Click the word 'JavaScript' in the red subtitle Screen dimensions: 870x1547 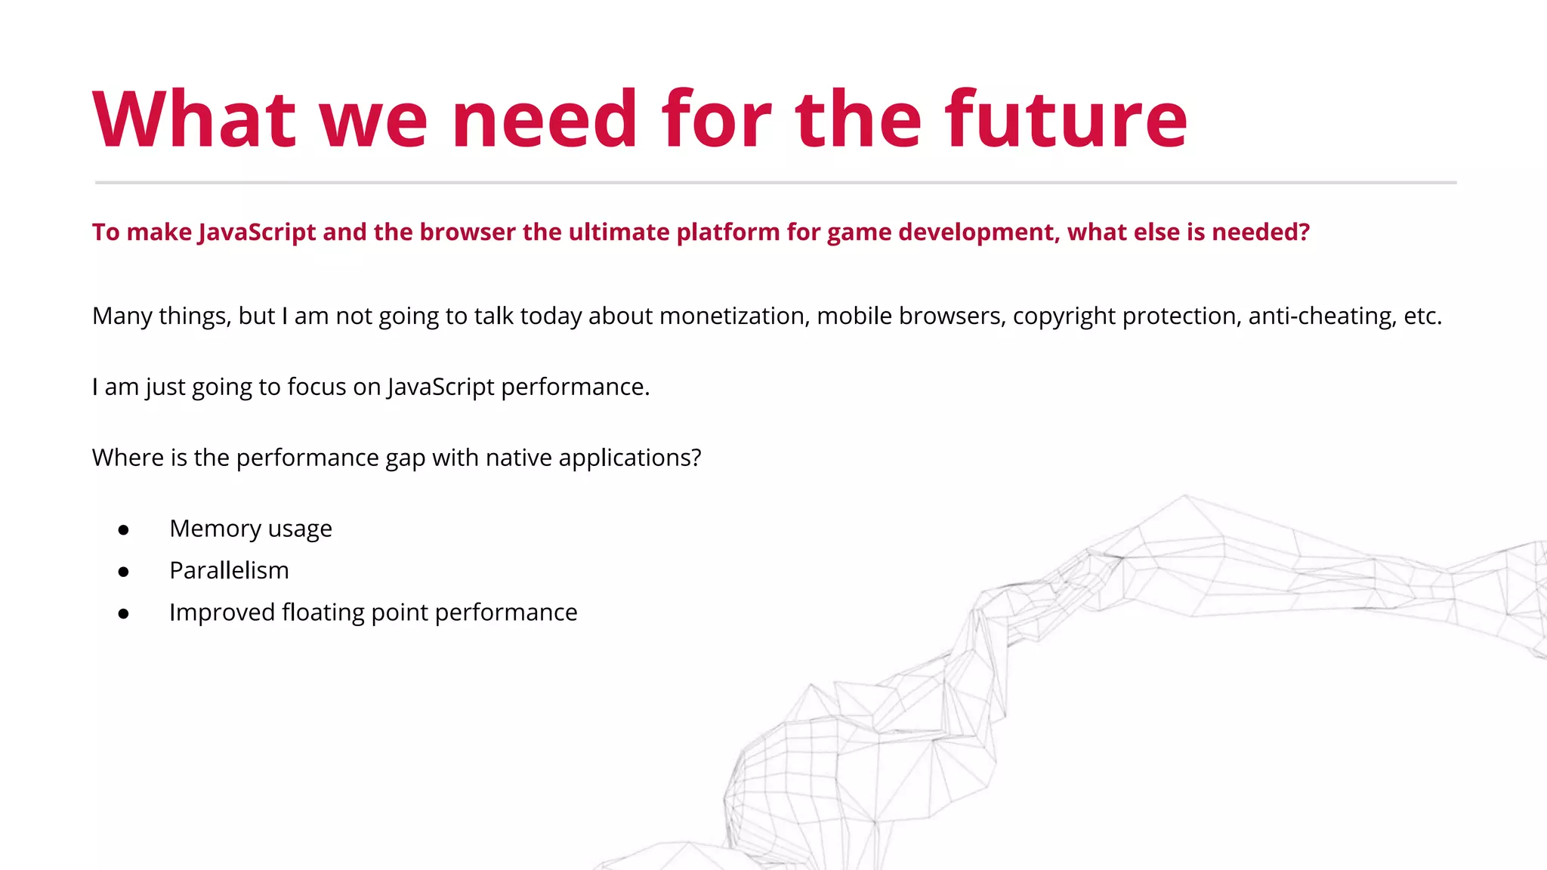coord(257,233)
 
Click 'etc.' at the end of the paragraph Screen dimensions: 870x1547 coord(1422,316)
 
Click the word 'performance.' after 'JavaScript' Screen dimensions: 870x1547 coord(575,387)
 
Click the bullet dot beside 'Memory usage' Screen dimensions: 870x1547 coord(123,530)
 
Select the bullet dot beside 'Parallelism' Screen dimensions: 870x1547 coord(123,572)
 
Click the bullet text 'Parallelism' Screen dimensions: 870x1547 coord(229,571)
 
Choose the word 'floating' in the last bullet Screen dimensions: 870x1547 coord(323,612)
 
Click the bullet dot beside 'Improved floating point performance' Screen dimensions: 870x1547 coord(123,614)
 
